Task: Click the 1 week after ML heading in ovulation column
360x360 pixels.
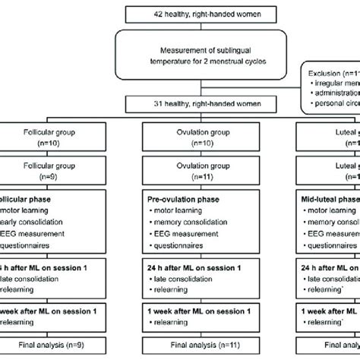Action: click(182, 311)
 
